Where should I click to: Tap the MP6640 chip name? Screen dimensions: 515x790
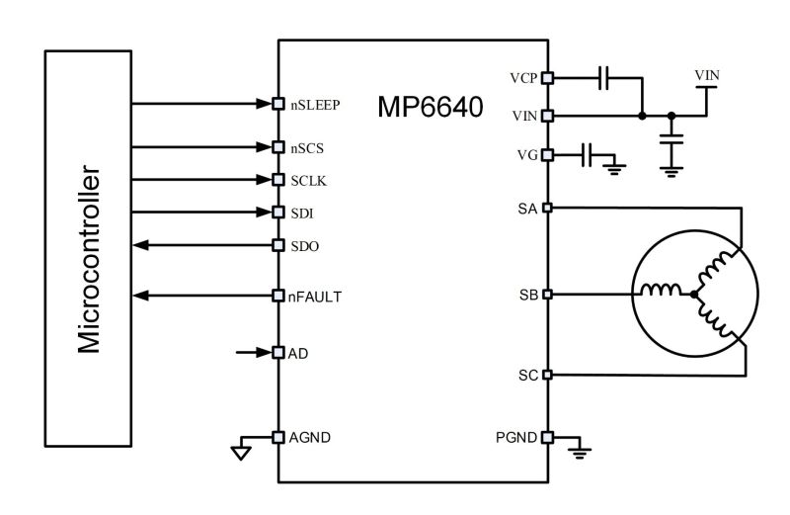tap(430, 107)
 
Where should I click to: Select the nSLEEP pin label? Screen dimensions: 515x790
tap(315, 104)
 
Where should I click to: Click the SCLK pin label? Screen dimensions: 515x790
tap(307, 180)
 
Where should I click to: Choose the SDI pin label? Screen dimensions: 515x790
tap(301, 213)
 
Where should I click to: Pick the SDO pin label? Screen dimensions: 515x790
tap(304, 245)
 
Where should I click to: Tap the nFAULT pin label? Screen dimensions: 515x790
tap(315, 296)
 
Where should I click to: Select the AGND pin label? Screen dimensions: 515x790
tap(309, 437)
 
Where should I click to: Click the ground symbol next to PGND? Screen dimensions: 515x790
tap(581, 453)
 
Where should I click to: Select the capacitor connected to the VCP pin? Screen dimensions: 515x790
tap(605, 76)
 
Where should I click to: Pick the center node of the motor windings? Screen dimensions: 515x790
tap(694, 295)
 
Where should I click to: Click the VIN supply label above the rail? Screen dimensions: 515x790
tap(707, 75)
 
